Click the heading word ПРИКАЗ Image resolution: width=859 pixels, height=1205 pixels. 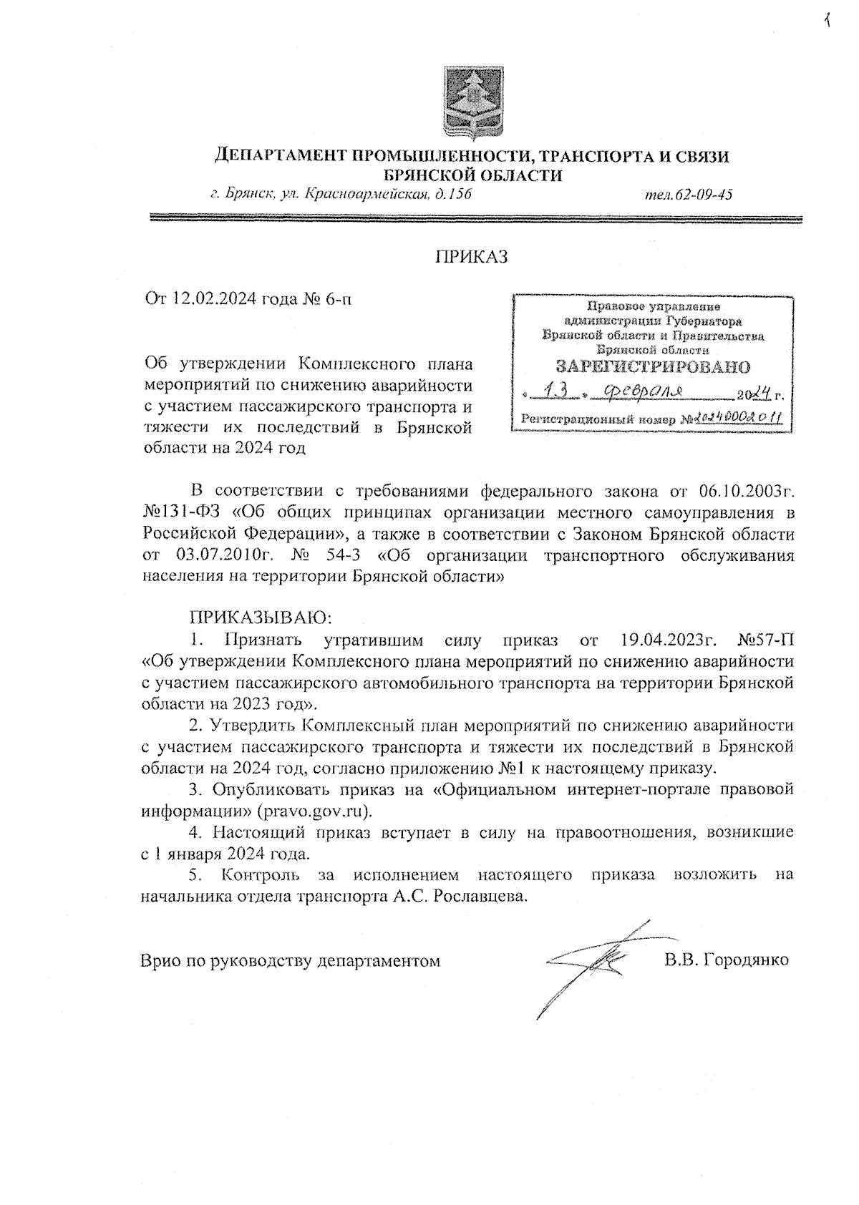click(472, 257)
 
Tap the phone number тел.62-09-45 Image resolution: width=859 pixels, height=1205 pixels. click(688, 194)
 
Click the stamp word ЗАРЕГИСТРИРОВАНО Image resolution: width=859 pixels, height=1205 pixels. click(653, 367)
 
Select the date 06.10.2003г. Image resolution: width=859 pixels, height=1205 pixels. click(744, 492)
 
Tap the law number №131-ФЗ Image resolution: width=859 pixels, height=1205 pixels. click(184, 512)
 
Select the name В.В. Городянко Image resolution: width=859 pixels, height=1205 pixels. click(726, 960)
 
